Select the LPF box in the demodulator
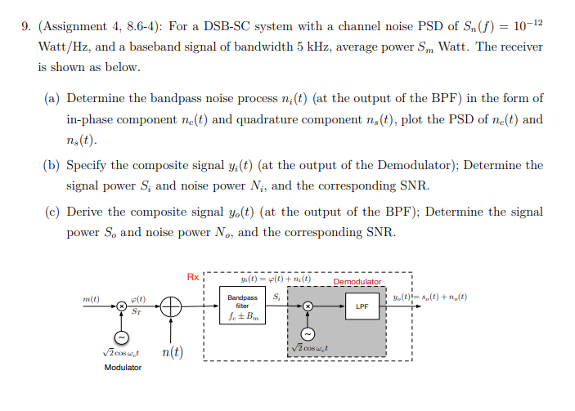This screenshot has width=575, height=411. click(x=362, y=307)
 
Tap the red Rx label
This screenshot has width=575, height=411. click(x=192, y=278)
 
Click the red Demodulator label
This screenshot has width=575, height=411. click(x=357, y=282)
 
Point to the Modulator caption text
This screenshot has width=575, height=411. click(x=123, y=368)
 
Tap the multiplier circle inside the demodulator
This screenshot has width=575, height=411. click(x=308, y=306)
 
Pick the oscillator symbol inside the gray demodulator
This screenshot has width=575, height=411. click(x=308, y=333)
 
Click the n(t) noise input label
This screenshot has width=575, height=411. click(x=172, y=353)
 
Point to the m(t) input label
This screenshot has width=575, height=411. click(x=91, y=298)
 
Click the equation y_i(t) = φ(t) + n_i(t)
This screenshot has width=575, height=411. click(x=281, y=278)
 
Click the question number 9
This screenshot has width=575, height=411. click(x=24, y=26)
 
